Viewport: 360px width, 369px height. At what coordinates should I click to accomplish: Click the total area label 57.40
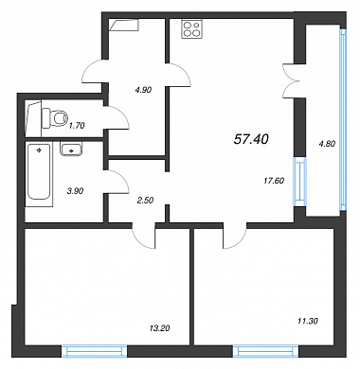(251, 139)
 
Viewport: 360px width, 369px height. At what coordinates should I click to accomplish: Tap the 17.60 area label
(274, 181)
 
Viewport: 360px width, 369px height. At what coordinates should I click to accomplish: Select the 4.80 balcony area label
(327, 144)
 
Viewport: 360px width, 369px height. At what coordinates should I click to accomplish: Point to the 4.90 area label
(143, 90)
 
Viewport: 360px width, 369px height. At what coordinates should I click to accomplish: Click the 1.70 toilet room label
(77, 126)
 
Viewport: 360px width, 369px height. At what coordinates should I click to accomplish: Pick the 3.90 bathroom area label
(75, 191)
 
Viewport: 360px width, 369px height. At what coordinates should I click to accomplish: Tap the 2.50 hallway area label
(145, 200)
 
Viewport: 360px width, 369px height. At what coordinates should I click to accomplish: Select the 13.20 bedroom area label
(159, 328)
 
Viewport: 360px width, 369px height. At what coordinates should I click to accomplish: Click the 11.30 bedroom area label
(308, 321)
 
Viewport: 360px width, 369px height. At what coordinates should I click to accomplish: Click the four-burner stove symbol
(191, 29)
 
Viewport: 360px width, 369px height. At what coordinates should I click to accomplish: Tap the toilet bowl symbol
(55, 118)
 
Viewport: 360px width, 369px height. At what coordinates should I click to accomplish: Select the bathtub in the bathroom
(39, 171)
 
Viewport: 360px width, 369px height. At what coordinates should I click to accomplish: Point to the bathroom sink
(71, 149)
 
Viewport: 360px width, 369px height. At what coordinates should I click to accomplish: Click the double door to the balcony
(292, 80)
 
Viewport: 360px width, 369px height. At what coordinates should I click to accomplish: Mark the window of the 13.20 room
(94, 351)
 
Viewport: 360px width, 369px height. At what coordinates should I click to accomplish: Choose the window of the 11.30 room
(266, 351)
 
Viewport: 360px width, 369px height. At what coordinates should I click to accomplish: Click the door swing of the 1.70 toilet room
(117, 117)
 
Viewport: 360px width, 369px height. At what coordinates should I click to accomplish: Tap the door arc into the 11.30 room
(235, 237)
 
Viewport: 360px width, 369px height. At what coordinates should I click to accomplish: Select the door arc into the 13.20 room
(144, 237)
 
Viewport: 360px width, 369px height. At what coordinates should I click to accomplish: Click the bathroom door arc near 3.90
(117, 182)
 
